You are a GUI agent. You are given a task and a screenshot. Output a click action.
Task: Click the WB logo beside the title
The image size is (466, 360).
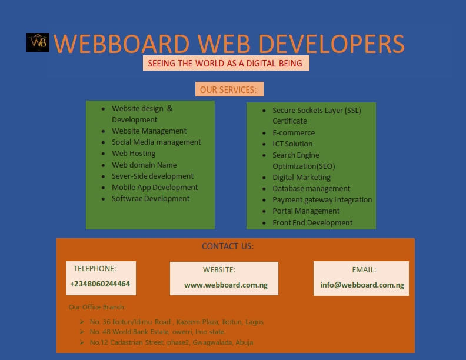tap(38, 42)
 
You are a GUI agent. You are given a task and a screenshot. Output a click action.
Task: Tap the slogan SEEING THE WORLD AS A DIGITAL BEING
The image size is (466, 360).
tap(225, 64)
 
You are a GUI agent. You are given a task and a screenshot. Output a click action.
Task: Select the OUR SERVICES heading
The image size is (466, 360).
tap(229, 89)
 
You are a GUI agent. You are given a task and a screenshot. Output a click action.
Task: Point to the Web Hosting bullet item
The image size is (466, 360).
tap(134, 154)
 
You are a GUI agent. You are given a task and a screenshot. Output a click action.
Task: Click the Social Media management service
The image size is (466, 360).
tap(157, 142)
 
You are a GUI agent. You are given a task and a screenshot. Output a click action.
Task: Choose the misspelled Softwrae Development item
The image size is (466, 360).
tap(151, 199)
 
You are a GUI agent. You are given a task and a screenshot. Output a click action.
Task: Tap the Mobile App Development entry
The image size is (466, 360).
tap(155, 188)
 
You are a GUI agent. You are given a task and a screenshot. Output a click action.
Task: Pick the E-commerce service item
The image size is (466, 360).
tap(294, 133)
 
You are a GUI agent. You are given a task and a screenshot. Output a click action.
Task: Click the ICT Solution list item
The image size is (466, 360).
tap(292, 144)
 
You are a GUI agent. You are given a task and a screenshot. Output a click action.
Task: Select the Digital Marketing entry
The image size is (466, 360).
tap(301, 178)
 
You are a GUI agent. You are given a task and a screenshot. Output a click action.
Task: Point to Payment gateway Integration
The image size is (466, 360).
tap(322, 200)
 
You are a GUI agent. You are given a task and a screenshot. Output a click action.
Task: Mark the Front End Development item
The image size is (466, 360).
tap(312, 223)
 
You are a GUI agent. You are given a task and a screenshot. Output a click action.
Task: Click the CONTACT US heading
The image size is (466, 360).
tap(228, 246)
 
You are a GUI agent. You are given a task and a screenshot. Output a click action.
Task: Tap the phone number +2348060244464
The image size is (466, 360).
tap(100, 284)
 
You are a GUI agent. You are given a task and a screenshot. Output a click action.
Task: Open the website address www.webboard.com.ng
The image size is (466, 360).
tap(226, 285)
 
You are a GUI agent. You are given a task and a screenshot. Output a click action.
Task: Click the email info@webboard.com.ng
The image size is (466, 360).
tap(362, 285)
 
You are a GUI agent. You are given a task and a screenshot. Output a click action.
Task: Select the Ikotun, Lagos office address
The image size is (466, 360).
tap(177, 322)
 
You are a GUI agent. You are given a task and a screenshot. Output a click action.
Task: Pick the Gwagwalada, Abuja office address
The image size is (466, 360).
tap(172, 342)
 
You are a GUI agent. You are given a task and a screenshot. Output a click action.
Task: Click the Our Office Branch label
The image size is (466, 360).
tap(97, 307)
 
